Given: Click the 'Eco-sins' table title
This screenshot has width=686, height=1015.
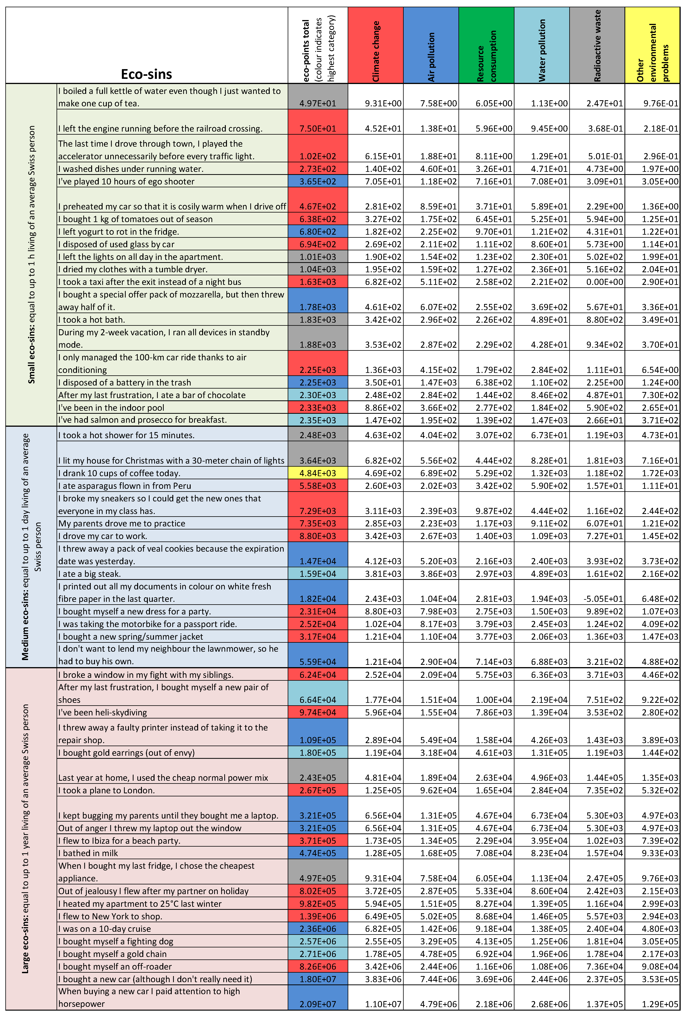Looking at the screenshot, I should (146, 74).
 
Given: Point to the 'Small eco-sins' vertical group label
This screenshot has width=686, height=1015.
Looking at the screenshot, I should (32, 255).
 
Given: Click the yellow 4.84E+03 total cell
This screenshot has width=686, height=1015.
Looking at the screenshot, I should (318, 473).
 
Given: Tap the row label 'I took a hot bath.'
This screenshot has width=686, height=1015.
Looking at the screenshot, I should (92, 320).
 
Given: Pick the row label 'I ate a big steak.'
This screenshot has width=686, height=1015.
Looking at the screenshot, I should (90, 574).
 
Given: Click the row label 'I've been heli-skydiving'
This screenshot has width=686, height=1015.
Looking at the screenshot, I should (103, 712).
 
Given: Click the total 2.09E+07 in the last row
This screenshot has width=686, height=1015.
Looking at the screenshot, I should (318, 1004).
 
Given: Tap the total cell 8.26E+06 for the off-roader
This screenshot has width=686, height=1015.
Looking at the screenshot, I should (318, 967).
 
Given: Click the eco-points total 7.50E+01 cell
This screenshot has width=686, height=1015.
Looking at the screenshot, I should (318, 128).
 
